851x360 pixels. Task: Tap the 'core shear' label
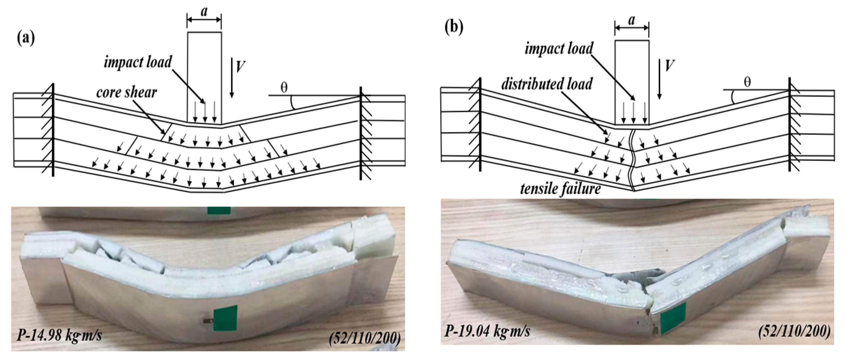coord(126,92)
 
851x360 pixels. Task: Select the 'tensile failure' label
coord(561,189)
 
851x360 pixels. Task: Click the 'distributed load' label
coord(547,84)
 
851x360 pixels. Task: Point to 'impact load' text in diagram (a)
coord(138,62)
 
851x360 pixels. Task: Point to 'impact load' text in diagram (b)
coord(559,49)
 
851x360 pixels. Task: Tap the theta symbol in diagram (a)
coord(284,88)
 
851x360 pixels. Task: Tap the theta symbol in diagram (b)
coord(747,82)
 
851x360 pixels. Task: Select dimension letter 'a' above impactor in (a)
coord(204,12)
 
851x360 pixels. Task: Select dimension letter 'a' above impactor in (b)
coord(632,20)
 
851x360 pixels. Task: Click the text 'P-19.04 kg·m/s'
coord(487,331)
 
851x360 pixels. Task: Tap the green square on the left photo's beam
coord(225,318)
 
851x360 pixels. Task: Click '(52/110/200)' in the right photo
coord(794,331)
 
